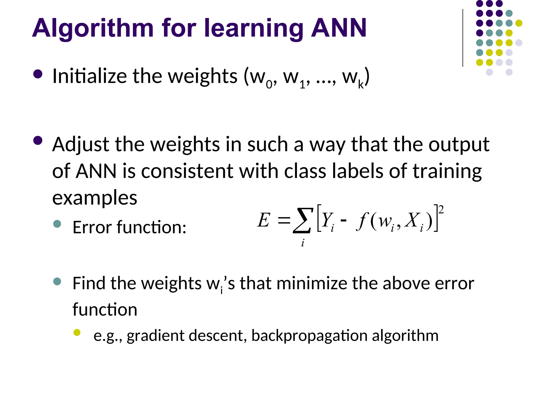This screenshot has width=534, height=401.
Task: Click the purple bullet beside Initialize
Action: click(x=38, y=74)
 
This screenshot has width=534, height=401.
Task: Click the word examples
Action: click(x=95, y=198)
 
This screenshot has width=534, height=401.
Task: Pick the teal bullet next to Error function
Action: click(x=57, y=224)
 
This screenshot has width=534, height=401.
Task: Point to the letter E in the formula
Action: click(x=264, y=220)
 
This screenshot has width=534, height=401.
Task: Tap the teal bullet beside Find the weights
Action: click(x=57, y=281)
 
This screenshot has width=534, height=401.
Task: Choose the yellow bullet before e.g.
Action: click(x=77, y=332)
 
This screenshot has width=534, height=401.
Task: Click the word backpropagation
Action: click(x=309, y=336)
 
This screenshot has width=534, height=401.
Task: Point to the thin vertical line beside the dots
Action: click(x=463, y=38)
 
